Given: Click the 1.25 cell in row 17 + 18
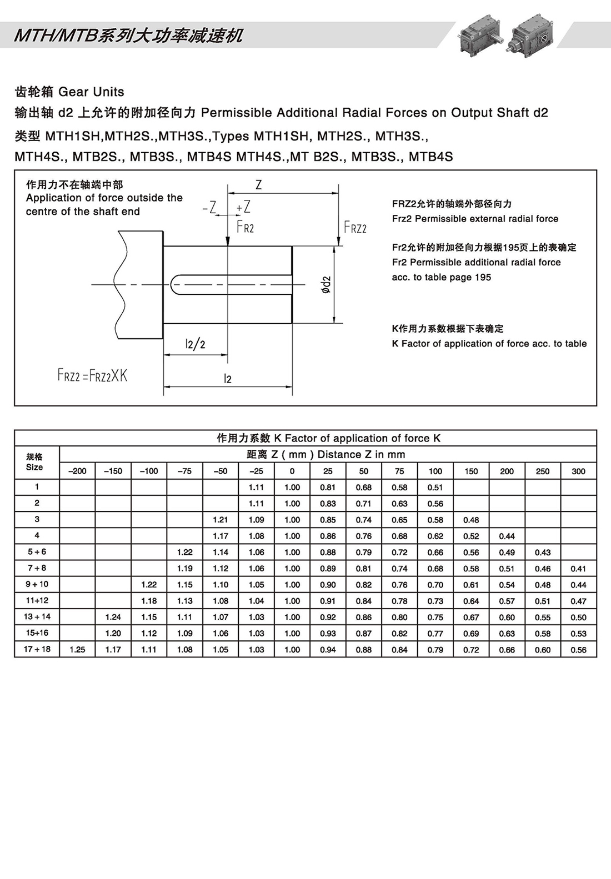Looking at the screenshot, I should (x=77, y=650).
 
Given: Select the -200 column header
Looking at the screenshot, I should (x=77, y=471).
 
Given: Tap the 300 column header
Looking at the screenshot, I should (x=578, y=471).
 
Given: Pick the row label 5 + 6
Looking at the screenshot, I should (x=37, y=552).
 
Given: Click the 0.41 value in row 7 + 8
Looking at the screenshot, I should (x=578, y=569).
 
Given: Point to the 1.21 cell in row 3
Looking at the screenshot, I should (x=221, y=520).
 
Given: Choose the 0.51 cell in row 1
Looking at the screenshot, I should (x=435, y=488).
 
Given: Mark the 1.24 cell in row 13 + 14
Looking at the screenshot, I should (x=113, y=617).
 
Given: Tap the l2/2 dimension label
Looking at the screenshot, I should (x=195, y=344).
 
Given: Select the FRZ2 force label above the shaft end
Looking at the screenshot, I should (x=355, y=227).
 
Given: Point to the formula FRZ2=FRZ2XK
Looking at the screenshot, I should (x=92, y=375).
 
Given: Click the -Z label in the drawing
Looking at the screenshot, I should (x=209, y=208).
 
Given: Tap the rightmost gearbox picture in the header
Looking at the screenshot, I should (x=532, y=34).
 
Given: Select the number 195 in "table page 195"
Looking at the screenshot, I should (x=482, y=277).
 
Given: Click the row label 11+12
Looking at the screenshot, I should (x=37, y=601).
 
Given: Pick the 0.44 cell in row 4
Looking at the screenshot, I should (x=507, y=536).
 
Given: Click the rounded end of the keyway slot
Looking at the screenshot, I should (x=174, y=284).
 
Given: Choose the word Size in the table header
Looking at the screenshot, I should (x=34, y=467).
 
